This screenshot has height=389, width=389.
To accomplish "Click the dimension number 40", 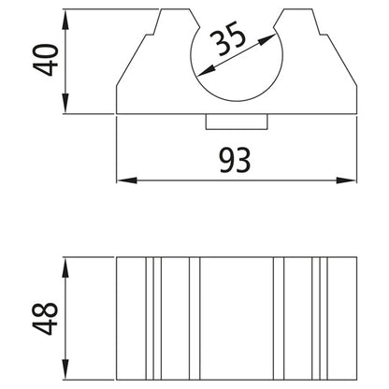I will [47, 61].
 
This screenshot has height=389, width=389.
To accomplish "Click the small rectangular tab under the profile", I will [237, 122].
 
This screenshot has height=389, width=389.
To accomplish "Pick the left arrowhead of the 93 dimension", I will [121, 180].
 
